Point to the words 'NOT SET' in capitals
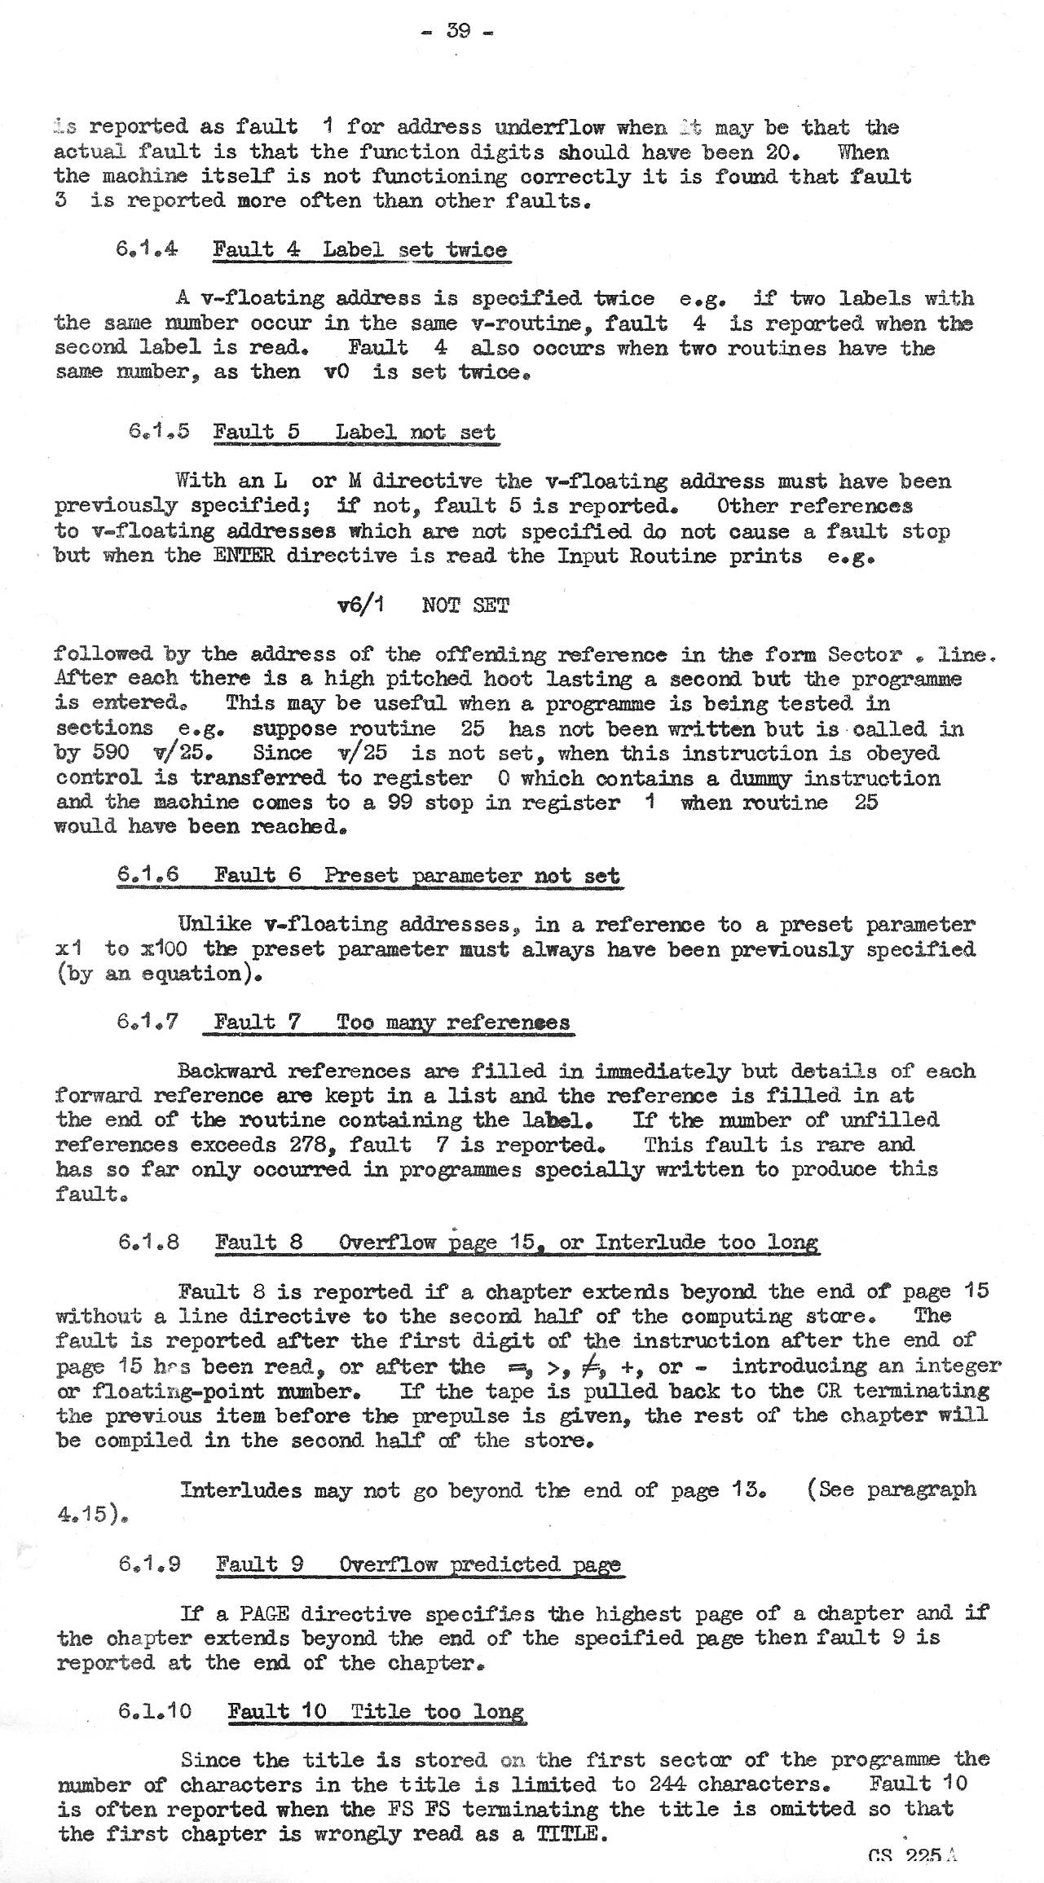[x=465, y=605]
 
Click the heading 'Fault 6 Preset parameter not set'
[x=416, y=875]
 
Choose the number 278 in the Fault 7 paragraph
[x=304, y=1144]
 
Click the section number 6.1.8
[x=148, y=1242]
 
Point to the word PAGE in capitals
[x=260, y=1612]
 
